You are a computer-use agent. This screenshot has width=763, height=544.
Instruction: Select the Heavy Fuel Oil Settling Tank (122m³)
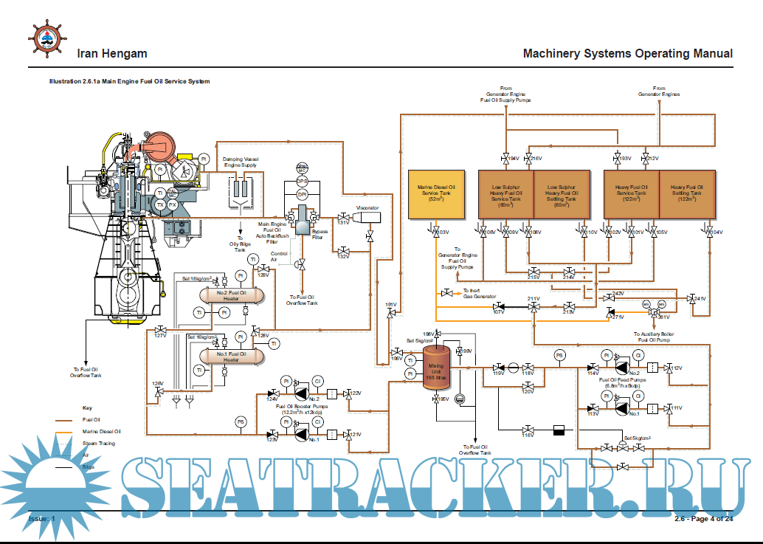click(x=687, y=194)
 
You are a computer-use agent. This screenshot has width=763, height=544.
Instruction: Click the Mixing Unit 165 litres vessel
click(x=437, y=362)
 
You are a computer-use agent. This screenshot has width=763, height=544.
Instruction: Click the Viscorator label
click(x=367, y=208)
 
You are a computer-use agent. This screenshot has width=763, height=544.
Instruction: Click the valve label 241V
click(x=699, y=298)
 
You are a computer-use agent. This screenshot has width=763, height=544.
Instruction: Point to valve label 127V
click(x=160, y=336)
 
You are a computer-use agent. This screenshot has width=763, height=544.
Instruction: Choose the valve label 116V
click(x=528, y=435)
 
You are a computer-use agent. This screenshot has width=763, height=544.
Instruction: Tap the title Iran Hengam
click(x=112, y=53)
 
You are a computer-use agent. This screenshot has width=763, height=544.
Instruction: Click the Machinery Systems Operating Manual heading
click(x=627, y=53)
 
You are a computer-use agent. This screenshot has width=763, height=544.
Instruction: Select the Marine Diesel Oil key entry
click(x=101, y=431)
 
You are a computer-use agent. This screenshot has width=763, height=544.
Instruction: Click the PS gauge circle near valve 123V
click(x=241, y=421)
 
